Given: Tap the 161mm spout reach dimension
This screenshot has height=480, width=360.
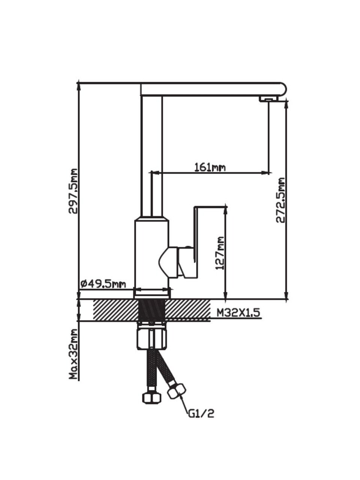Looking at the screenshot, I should pyautogui.click(x=210, y=167).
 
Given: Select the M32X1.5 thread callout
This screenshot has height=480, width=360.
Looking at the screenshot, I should pyautogui.click(x=238, y=312).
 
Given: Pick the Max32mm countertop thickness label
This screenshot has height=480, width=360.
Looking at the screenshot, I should pyautogui.click(x=73, y=354).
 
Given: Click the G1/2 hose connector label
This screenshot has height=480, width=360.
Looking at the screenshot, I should pyautogui.click(x=201, y=414).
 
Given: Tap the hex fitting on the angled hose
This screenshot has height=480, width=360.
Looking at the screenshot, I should pyautogui.click(x=176, y=391).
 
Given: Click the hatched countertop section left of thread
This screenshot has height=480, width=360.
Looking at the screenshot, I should pyautogui.click(x=114, y=310).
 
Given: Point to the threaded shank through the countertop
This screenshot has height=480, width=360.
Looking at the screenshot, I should pyautogui.click(x=151, y=310).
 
